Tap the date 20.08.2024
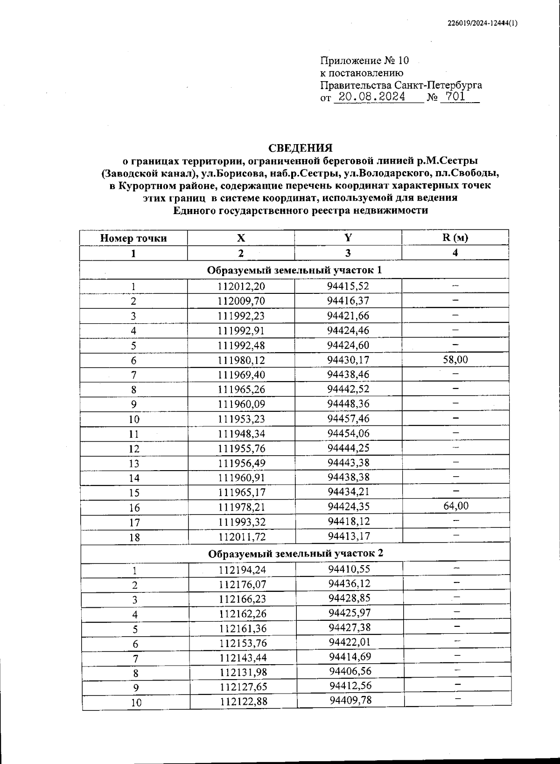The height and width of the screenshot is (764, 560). click(x=371, y=97)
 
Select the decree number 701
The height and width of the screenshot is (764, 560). click(x=455, y=97)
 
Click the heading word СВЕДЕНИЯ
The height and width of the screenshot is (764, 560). click(x=301, y=148)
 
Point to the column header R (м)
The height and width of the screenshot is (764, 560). click(x=455, y=237)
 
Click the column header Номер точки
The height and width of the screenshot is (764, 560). click(x=133, y=238)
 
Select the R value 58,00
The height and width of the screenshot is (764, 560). click(x=455, y=360)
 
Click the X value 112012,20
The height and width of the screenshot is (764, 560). click(x=241, y=286)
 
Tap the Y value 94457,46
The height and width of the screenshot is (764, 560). click(x=348, y=418)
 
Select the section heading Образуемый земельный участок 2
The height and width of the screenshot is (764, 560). click(x=295, y=554)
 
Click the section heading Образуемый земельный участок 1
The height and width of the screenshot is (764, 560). click(x=294, y=270)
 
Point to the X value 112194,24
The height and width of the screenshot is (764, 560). click(x=242, y=570)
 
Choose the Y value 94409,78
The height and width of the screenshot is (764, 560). click(x=350, y=700)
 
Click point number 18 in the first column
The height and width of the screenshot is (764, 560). click(x=134, y=537)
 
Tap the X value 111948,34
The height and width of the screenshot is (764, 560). click(x=241, y=434)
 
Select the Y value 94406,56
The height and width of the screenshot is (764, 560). click(x=350, y=671)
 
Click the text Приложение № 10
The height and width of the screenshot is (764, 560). click(x=364, y=61)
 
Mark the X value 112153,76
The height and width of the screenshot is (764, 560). click(x=242, y=644)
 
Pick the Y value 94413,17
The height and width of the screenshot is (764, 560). click(x=349, y=536)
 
